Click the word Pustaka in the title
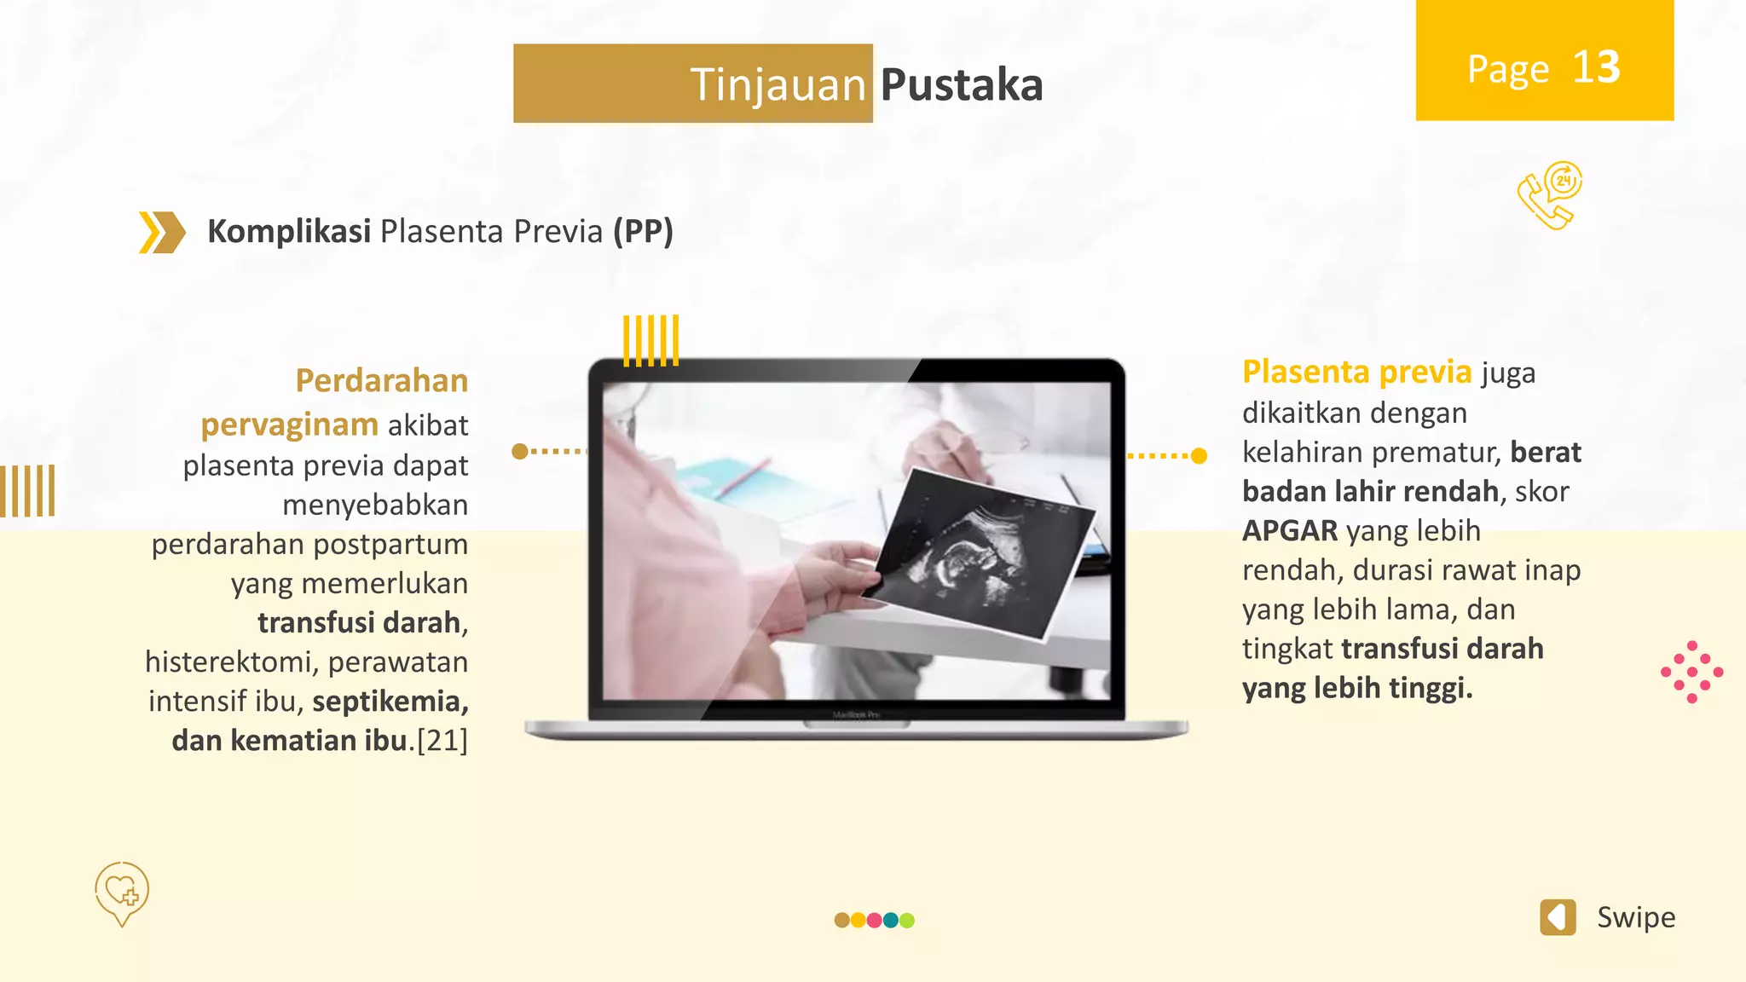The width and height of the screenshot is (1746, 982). pos(961,85)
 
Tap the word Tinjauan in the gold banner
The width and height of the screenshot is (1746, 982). pos(778,85)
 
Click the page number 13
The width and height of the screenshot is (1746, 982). pos(1595,67)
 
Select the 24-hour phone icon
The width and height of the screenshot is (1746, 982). pos(1549,195)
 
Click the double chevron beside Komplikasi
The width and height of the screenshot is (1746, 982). pos(162,232)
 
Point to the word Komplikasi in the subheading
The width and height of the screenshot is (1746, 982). pos(289,231)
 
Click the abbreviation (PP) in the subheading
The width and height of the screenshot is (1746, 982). pos(643,231)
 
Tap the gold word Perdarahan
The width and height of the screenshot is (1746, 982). pos(381,380)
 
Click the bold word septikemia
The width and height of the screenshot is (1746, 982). pos(390,701)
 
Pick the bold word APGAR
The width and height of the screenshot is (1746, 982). pos(1290,530)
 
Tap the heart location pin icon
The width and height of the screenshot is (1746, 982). pos(122,892)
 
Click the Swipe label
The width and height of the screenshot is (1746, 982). pos(1635,917)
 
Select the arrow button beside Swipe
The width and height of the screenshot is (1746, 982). pos(1558,917)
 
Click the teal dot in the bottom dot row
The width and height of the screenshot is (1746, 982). pos(891,920)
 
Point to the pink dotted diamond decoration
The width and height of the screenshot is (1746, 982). pos(1691,672)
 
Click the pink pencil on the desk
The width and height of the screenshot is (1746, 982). pos(743,477)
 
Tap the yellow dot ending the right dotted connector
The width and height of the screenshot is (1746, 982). pos(1199,456)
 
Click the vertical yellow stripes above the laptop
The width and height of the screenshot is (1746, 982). pos(650,340)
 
